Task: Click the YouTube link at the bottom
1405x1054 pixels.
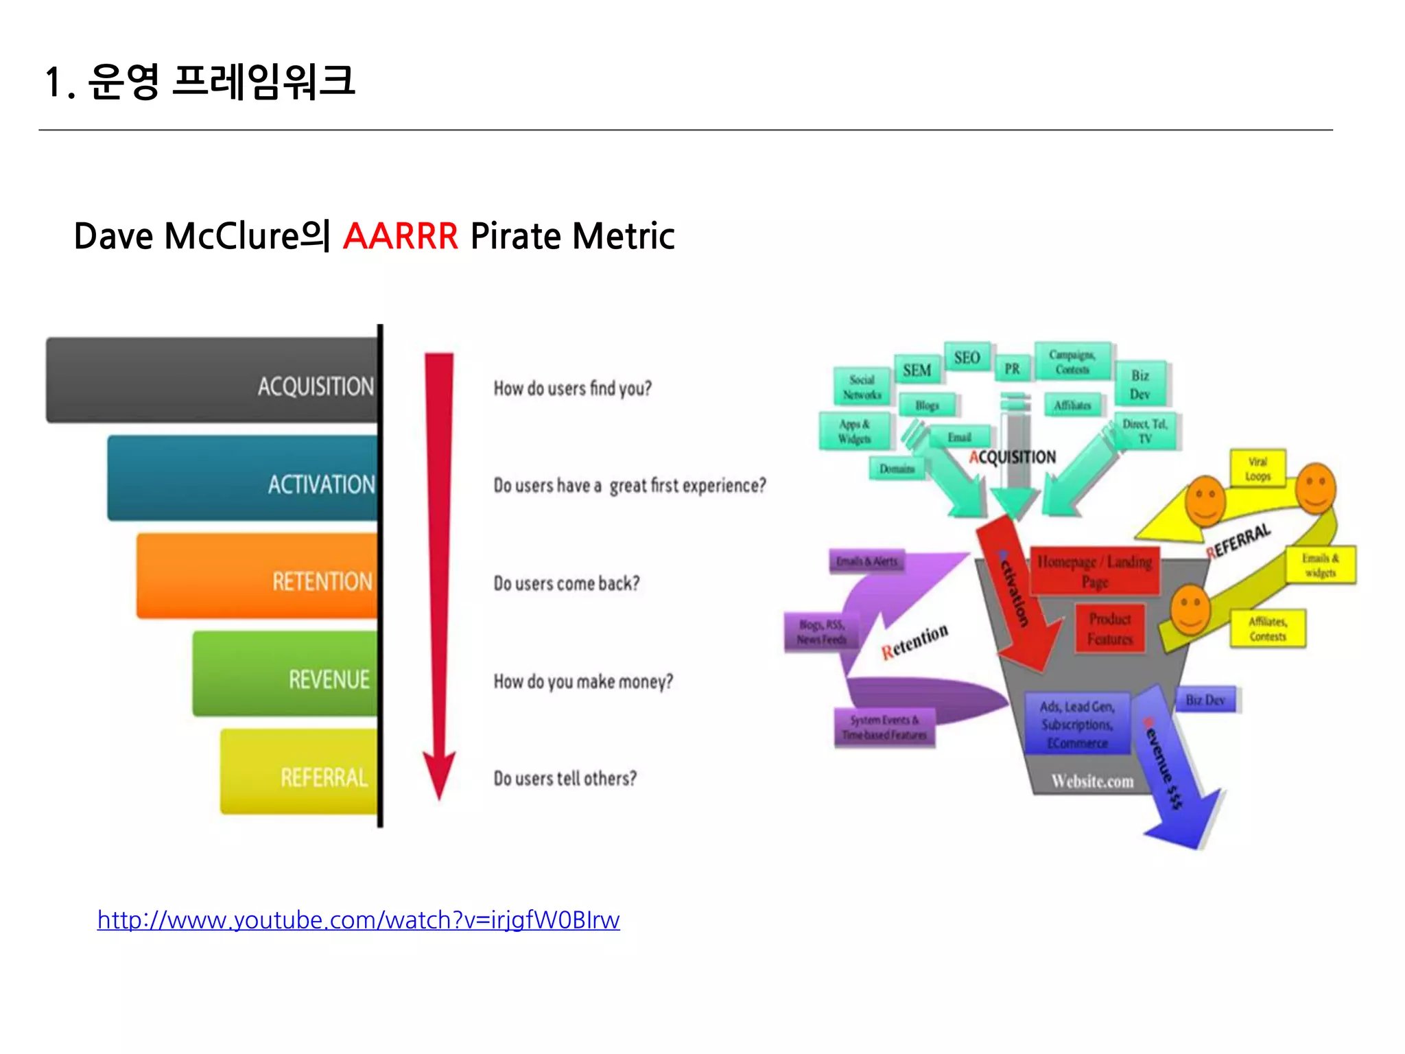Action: click(x=358, y=920)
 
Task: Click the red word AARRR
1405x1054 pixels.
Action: click(x=400, y=237)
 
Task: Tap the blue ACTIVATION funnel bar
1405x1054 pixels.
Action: click(x=243, y=478)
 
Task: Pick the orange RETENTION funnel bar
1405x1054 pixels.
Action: click(x=257, y=576)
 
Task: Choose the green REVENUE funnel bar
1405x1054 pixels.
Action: click(x=285, y=674)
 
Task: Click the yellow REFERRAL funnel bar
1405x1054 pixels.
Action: click(x=299, y=772)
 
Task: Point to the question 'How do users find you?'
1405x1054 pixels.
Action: click(x=572, y=388)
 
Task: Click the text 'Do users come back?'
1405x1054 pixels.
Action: click(x=566, y=583)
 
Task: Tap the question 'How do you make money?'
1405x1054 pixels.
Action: click(x=583, y=681)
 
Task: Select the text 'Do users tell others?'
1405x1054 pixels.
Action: click(x=565, y=779)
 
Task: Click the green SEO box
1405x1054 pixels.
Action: click(x=967, y=358)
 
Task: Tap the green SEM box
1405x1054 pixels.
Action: click(x=917, y=371)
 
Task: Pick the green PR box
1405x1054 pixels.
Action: click(x=1012, y=369)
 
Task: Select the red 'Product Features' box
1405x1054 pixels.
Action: click(x=1109, y=629)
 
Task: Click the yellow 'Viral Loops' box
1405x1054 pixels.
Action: click(x=1258, y=469)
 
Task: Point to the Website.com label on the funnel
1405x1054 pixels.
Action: click(x=1092, y=782)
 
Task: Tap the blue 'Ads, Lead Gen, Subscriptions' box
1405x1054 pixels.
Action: click(x=1076, y=724)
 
